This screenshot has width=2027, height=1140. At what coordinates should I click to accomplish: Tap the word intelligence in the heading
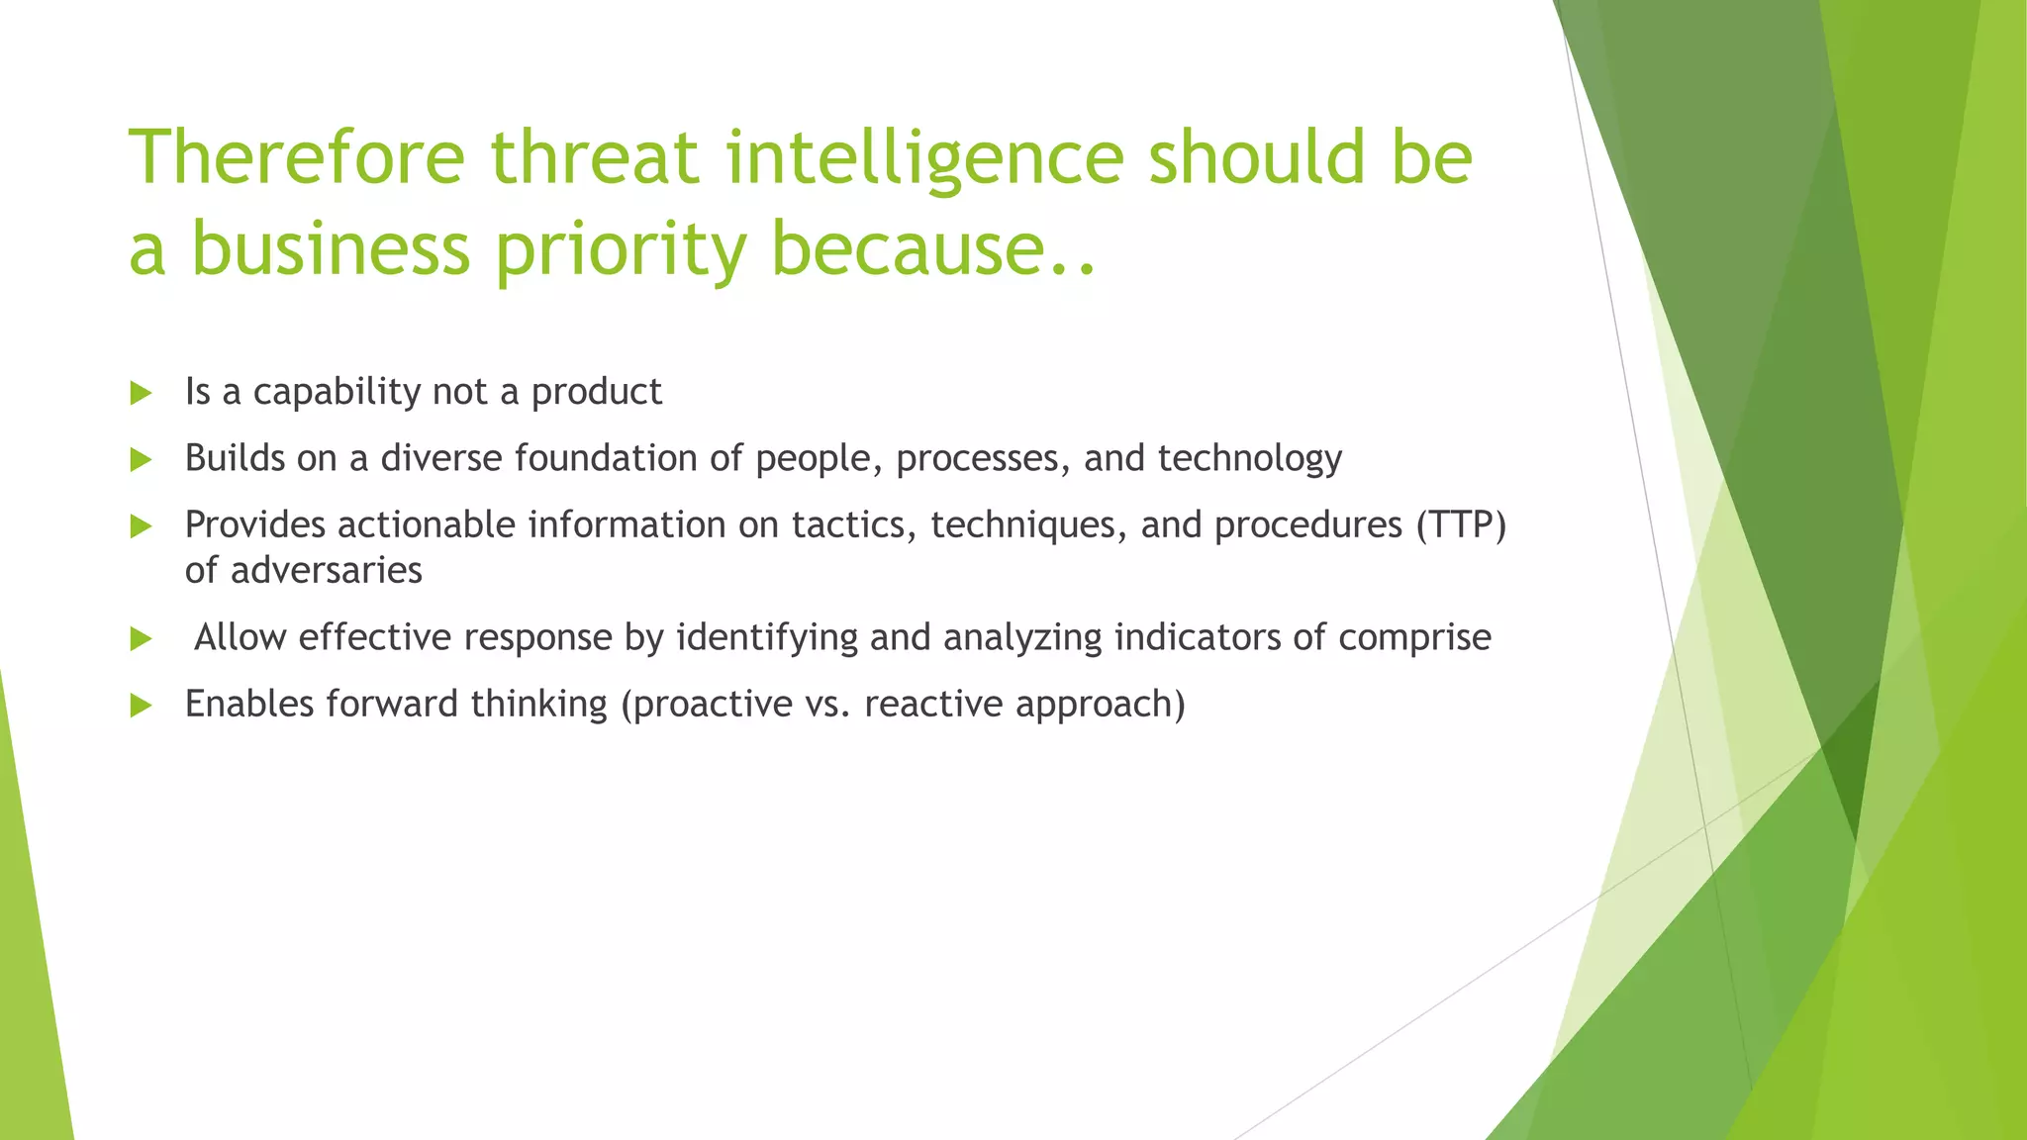coord(925,158)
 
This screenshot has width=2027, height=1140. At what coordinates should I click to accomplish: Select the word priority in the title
coord(621,249)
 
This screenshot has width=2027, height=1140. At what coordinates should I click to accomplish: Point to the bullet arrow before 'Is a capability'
coord(141,393)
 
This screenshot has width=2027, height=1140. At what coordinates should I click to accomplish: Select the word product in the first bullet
coord(596,393)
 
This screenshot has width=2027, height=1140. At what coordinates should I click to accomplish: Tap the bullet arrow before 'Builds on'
coord(141,459)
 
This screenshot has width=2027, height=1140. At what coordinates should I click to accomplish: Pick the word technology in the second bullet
coord(1249,459)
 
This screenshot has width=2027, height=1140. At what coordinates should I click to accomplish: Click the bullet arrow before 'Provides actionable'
coord(141,525)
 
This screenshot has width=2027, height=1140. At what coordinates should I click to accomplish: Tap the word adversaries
coord(326,571)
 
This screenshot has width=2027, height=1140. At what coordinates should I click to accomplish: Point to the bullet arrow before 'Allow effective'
coord(141,638)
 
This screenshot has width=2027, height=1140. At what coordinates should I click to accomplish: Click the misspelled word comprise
coord(1414,638)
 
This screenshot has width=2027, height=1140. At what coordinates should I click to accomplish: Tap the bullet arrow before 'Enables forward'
coord(141,705)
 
